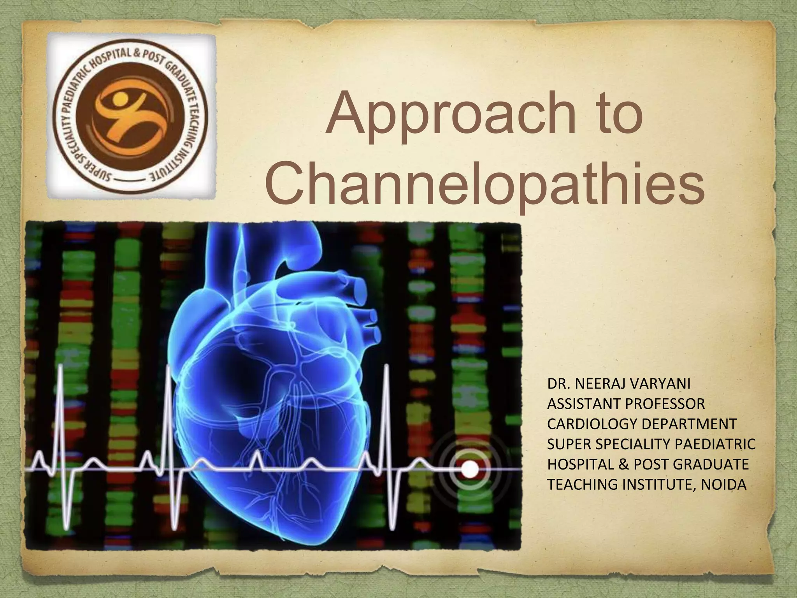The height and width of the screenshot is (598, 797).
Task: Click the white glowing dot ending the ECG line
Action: click(470, 470)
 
